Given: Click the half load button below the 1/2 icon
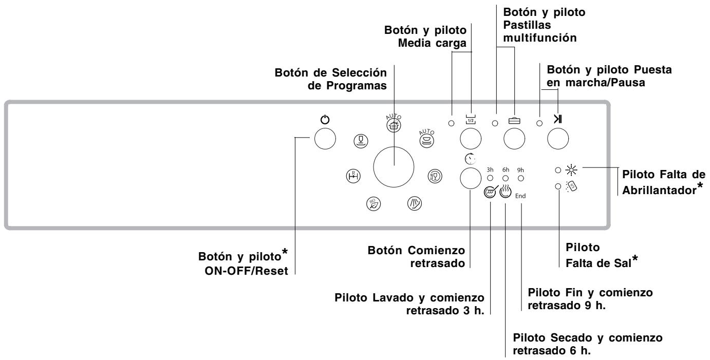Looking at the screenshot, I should pyautogui.click(x=471, y=139).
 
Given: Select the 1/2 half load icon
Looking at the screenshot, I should pyautogui.click(x=471, y=122).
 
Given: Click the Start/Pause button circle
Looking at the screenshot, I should pyautogui.click(x=558, y=139).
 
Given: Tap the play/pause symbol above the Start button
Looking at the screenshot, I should pyautogui.click(x=558, y=122).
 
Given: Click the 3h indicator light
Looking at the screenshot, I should pyautogui.click(x=490, y=178).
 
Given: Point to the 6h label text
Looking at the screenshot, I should pyautogui.click(x=506, y=170).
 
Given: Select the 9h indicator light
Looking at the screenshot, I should pyautogui.click(x=521, y=178).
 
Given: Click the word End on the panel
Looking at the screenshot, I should pyautogui.click(x=521, y=196).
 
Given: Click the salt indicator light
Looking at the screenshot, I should pyautogui.click(x=558, y=187).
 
